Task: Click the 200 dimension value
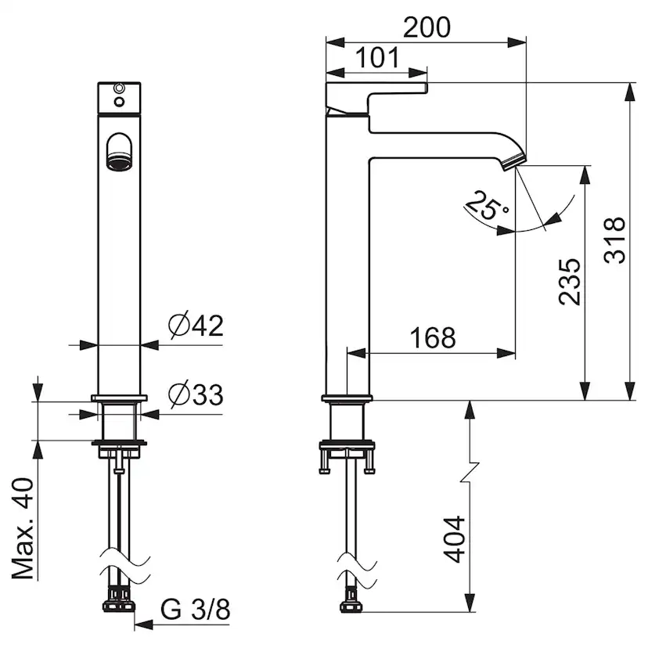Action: [x=427, y=27]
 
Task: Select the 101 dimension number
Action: [x=378, y=57]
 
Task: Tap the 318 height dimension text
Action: [x=614, y=239]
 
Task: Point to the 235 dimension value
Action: [x=570, y=283]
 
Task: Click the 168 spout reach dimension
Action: [x=433, y=337]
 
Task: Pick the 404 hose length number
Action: [x=455, y=539]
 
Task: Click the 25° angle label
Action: [x=487, y=204]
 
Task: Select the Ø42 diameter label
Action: [x=196, y=326]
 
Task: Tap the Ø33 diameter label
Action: [x=196, y=394]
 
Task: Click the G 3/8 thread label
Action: [x=195, y=609]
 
